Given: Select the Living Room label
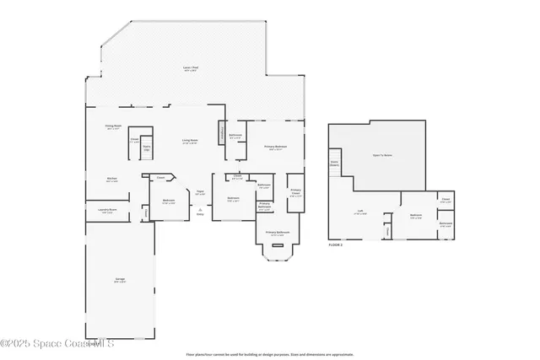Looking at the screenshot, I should (191, 141).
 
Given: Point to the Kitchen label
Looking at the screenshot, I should (111, 179).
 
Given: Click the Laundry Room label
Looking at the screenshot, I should (107, 211).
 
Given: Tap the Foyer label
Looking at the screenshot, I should (200, 193).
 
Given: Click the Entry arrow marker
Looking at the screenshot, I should (200, 209).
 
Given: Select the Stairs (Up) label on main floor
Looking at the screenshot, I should (146, 148).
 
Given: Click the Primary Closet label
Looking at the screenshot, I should (296, 191).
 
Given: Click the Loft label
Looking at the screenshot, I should (359, 212).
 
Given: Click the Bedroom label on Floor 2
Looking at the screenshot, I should (416, 216).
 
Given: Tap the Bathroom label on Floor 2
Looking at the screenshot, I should (445, 223).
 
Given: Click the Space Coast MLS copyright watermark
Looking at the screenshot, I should (57, 344).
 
